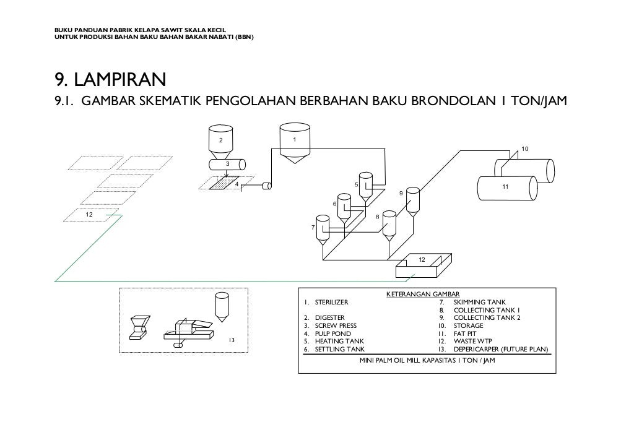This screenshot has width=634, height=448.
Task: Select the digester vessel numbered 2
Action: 219,142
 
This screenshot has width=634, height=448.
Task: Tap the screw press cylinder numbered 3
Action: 227,164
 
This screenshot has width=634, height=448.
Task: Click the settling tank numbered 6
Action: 344,205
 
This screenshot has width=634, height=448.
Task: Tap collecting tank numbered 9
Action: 412,198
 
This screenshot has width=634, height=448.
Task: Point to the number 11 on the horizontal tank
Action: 505,186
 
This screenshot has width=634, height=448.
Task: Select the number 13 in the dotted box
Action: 231,340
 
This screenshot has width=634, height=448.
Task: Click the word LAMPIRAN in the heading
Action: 118,80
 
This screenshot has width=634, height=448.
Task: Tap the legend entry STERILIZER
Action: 331,302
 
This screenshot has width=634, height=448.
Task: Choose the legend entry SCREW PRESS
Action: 336,325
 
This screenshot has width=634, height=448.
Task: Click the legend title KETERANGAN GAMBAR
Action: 427,293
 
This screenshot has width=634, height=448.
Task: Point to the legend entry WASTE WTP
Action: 473,341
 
